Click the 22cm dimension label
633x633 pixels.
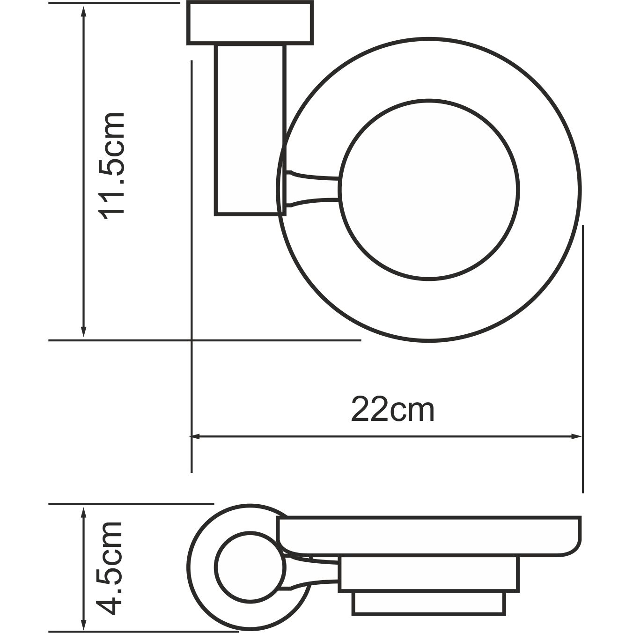393,410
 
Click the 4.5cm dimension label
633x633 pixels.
111,568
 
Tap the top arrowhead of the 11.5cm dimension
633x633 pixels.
84,10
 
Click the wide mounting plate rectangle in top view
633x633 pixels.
250,23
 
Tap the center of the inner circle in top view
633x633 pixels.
429,190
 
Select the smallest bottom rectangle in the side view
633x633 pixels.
428,604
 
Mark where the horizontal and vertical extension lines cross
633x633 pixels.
192,340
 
